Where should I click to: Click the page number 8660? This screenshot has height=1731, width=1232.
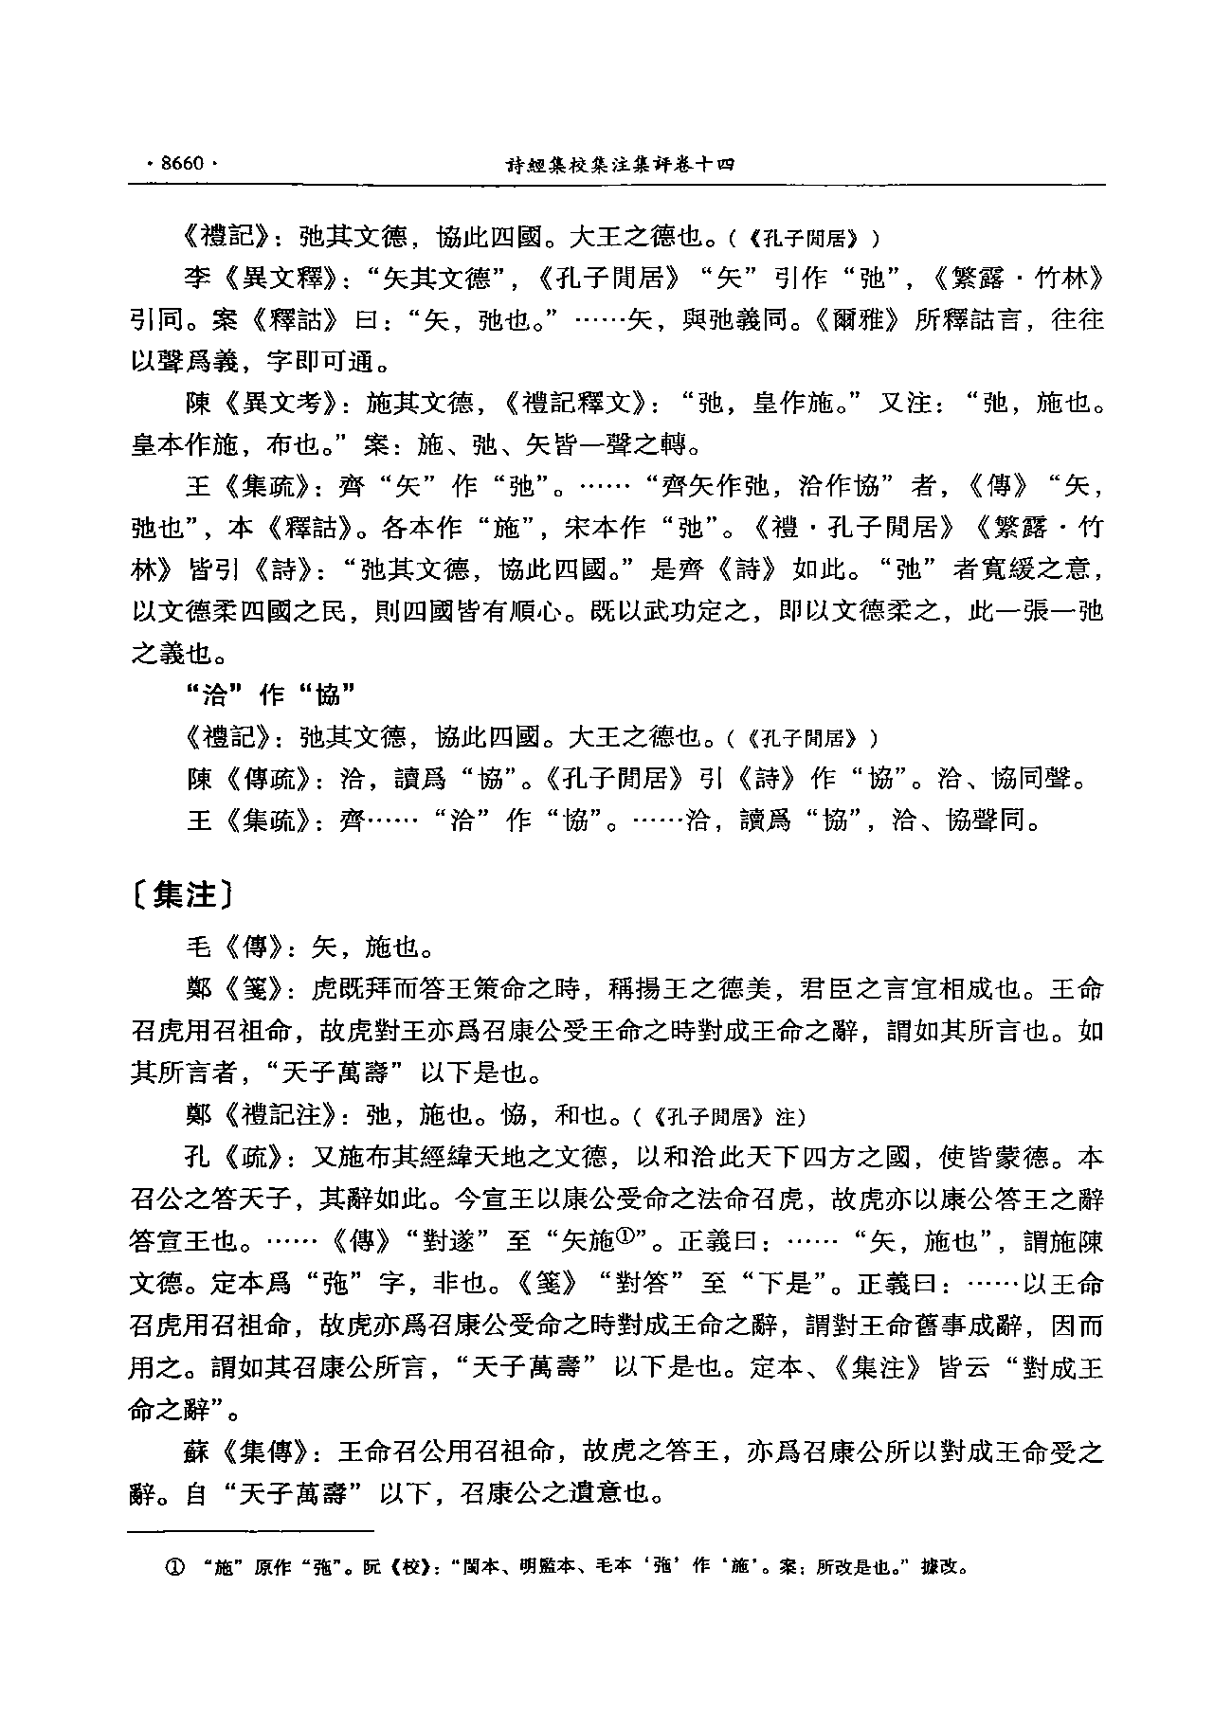(x=182, y=163)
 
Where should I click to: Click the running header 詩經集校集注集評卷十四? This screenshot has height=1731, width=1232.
(x=621, y=164)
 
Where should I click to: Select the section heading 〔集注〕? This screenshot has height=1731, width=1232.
(x=183, y=893)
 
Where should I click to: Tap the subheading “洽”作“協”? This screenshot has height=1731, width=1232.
(x=268, y=694)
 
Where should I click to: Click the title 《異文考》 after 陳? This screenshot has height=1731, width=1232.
(x=275, y=404)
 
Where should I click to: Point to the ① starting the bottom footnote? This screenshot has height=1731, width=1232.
(x=174, y=1567)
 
